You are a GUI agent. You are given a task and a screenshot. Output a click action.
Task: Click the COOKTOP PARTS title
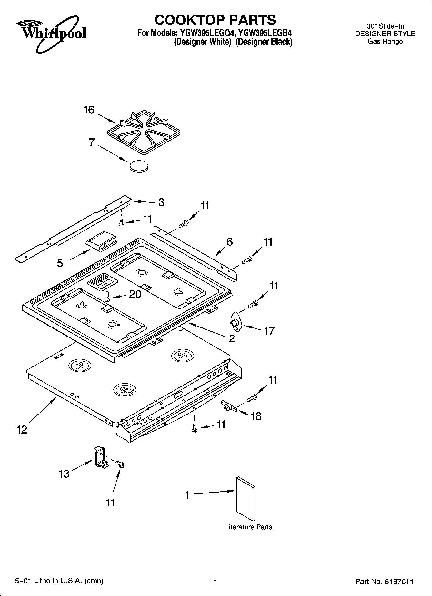coord(215,20)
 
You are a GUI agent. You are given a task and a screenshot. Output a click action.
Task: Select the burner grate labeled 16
coord(144,132)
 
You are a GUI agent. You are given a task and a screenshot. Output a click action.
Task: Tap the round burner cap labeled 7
coord(139,166)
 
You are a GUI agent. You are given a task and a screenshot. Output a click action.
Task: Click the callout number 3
coord(161,202)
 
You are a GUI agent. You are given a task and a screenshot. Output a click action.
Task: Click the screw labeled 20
coord(108,296)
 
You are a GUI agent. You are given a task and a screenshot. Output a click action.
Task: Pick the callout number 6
coord(229,242)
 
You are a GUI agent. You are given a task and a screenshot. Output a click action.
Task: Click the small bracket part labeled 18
coord(228,407)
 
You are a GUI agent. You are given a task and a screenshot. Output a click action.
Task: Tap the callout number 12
coord(22,430)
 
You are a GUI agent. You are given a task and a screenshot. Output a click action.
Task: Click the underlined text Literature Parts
coord(248,527)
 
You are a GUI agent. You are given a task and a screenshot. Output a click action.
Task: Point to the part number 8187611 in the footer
coord(398,582)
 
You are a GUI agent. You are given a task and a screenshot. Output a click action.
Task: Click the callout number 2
coord(232,338)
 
